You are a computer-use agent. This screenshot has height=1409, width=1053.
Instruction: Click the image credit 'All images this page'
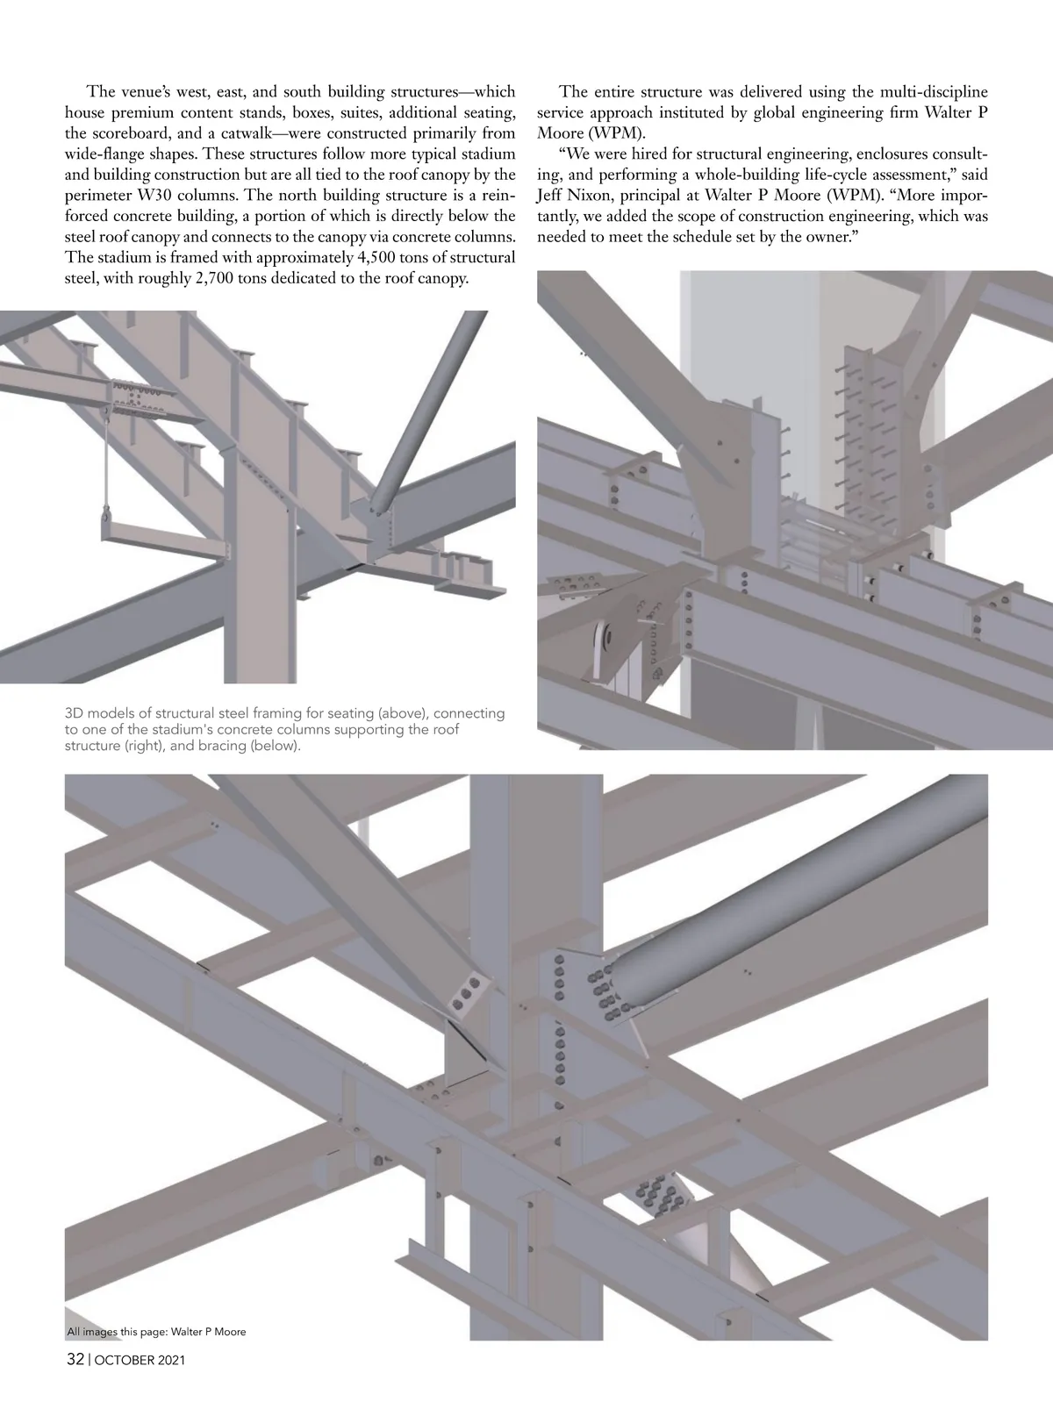tap(117, 1332)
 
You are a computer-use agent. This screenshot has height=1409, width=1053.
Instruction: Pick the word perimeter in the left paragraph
tap(97, 195)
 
